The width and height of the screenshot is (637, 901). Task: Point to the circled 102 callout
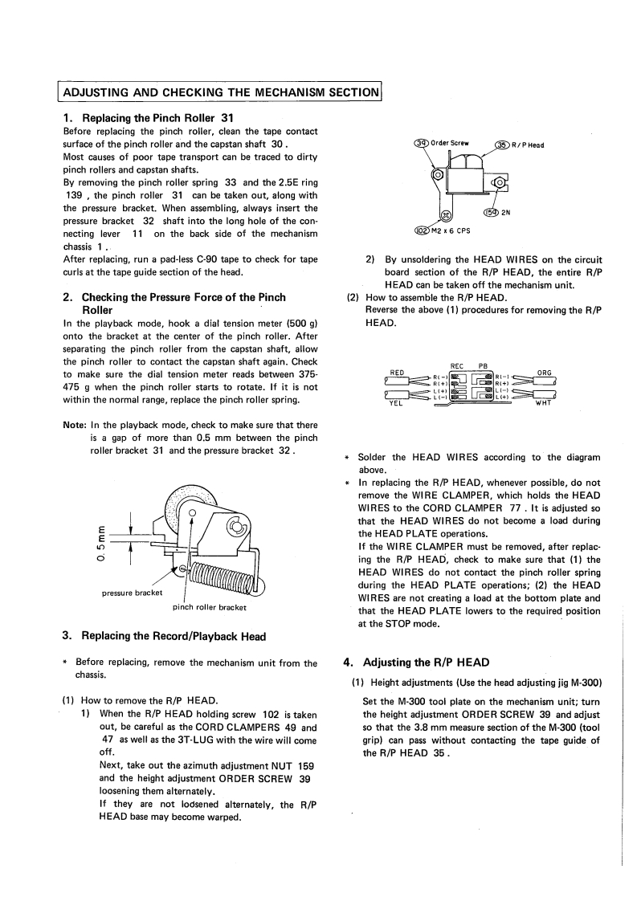click(x=423, y=231)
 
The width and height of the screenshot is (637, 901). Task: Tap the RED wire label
click(x=397, y=373)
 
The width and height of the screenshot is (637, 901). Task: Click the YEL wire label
click(x=396, y=403)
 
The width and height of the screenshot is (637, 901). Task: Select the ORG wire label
click(x=544, y=373)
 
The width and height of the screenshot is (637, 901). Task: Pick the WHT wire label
click(x=543, y=403)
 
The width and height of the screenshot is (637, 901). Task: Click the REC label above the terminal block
click(x=456, y=366)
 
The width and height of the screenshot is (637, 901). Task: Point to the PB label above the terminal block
click(x=483, y=366)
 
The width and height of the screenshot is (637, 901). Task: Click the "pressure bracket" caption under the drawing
click(x=133, y=593)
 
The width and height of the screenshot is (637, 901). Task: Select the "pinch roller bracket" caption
click(x=210, y=607)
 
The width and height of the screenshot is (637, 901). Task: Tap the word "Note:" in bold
click(x=74, y=426)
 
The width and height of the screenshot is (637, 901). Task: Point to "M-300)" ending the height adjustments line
click(x=586, y=683)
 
